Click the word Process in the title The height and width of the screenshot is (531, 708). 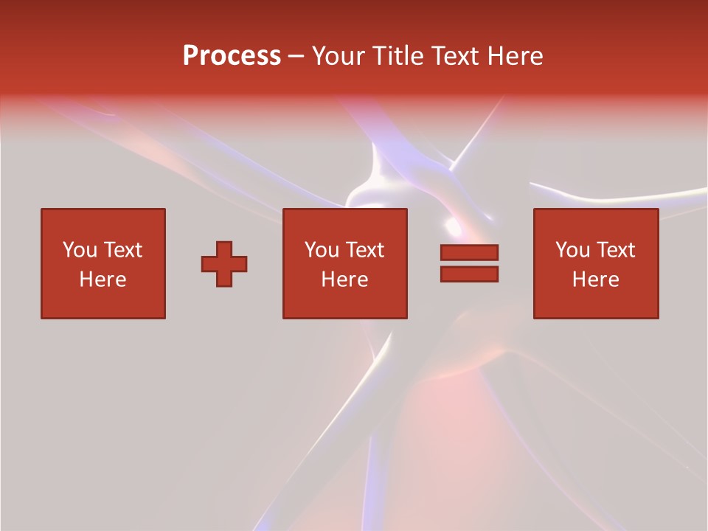232,56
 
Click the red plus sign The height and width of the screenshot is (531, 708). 224,264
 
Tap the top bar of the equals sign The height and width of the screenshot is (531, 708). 469,253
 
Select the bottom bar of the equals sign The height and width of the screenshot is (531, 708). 469,274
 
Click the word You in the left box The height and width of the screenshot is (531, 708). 79,250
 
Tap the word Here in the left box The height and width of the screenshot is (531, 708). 103,280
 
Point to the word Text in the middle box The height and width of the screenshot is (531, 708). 365,250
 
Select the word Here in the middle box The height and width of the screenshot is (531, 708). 345,280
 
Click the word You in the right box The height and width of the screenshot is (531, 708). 572,250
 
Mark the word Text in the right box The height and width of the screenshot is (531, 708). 616,250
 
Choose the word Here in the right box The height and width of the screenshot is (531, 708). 596,280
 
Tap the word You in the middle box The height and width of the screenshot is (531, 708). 322,250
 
